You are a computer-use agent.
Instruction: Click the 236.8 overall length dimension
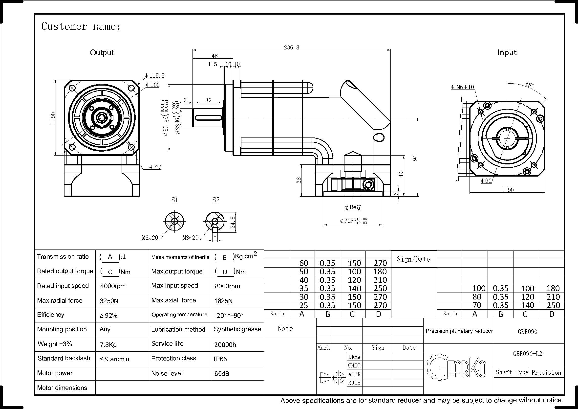(292, 47)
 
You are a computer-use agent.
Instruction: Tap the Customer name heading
(81, 26)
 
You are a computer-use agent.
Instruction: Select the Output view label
(102, 52)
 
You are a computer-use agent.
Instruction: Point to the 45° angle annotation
(529, 85)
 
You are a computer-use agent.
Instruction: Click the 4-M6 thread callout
(462, 87)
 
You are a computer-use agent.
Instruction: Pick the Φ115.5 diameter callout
(154, 76)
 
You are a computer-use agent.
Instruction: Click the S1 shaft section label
(174, 200)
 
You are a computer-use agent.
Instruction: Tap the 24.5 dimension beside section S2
(233, 222)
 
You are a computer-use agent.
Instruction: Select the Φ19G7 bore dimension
(353, 207)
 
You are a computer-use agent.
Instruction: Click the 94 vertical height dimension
(415, 158)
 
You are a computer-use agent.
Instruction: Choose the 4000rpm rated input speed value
(113, 286)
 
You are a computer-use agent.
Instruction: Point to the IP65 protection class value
(220, 359)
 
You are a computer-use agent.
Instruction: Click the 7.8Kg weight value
(108, 344)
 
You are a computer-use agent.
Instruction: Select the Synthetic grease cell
(237, 329)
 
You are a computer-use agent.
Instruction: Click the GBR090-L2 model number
(528, 354)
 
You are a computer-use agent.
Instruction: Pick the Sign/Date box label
(413, 259)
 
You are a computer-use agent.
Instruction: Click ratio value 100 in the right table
(479, 288)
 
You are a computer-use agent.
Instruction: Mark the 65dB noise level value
(222, 373)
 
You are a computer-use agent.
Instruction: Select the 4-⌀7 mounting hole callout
(155, 167)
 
